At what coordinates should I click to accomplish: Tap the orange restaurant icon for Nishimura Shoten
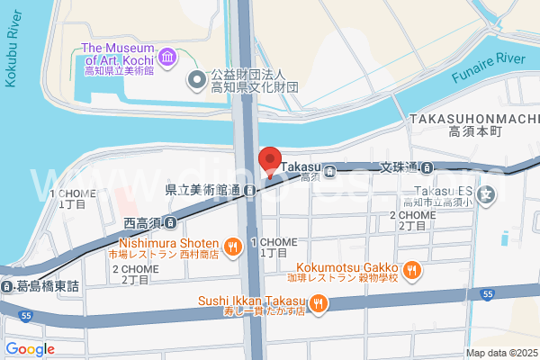pos(232,244)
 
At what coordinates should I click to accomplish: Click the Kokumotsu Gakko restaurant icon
pos(412,268)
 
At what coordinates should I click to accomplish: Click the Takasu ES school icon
pos(487,193)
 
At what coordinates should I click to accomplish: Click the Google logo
pos(30,349)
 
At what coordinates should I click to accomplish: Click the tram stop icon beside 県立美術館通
pos(254,190)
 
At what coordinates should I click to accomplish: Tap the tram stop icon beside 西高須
pos(169,221)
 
